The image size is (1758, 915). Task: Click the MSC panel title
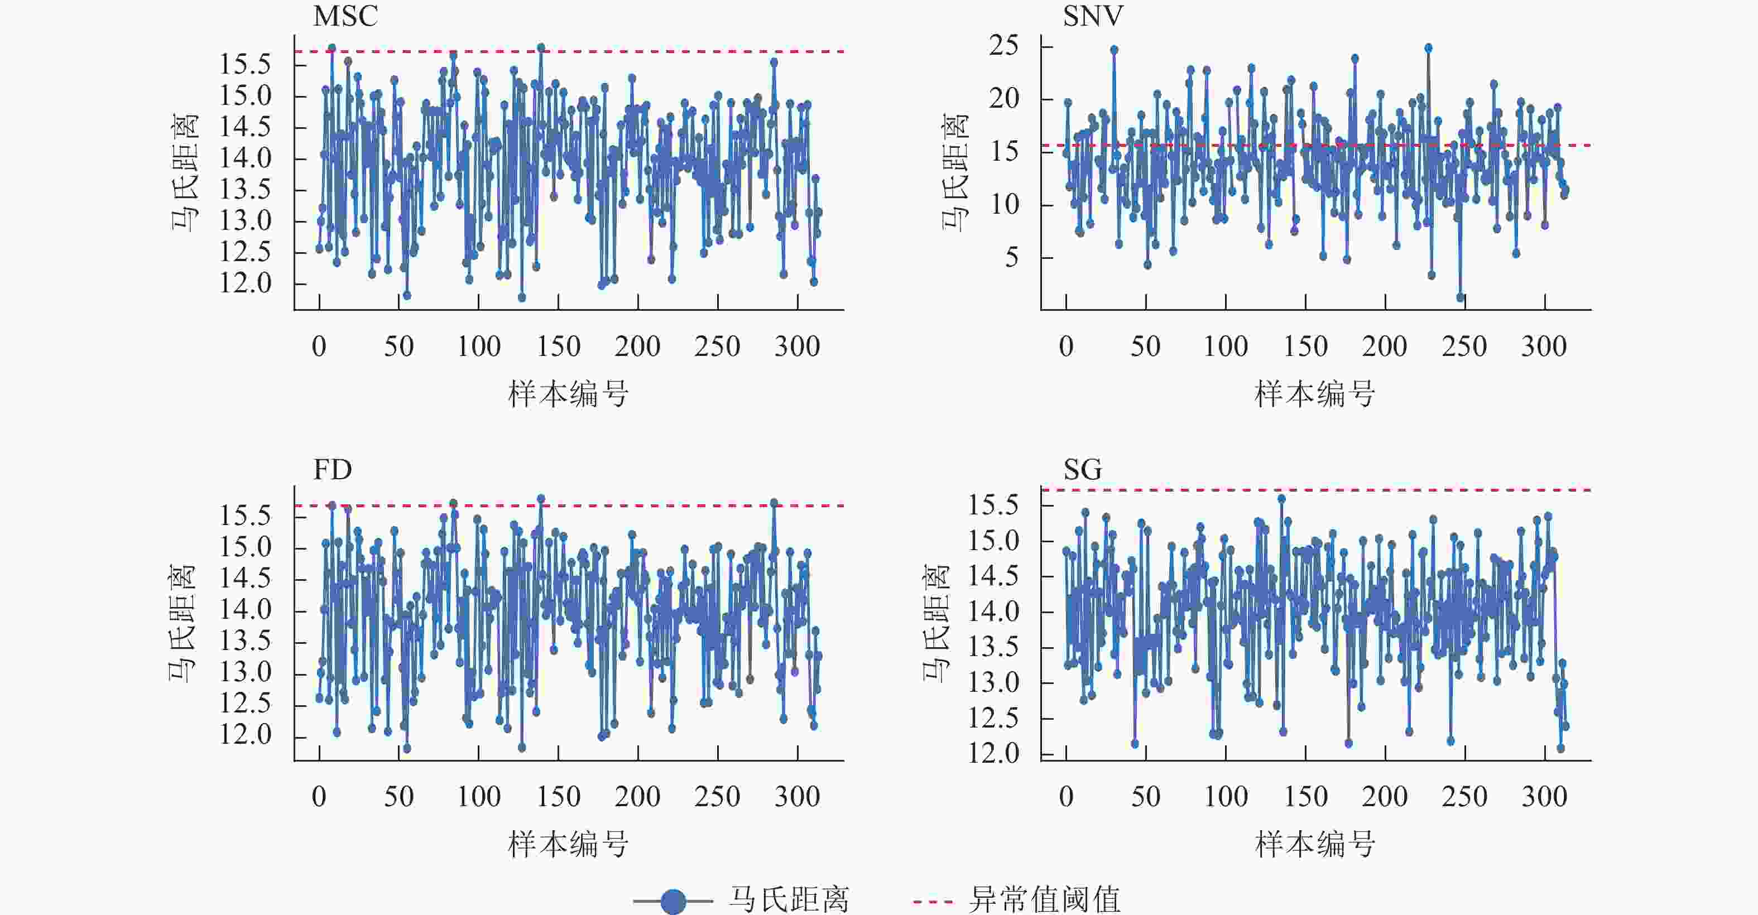click(x=345, y=16)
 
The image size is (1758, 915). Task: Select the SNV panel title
click(x=1093, y=16)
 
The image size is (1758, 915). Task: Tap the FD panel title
click(x=333, y=469)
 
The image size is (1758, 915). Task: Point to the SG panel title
click(x=1082, y=469)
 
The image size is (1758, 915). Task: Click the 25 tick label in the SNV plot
click(x=1003, y=46)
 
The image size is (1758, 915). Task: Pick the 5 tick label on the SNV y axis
click(x=1011, y=258)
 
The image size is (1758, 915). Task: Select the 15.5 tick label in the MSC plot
click(x=245, y=65)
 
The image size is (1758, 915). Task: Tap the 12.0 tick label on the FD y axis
click(x=245, y=735)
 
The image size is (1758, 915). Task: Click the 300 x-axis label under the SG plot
click(x=1544, y=797)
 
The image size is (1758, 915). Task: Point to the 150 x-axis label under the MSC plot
click(x=558, y=346)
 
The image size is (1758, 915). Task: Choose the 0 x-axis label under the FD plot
click(x=319, y=797)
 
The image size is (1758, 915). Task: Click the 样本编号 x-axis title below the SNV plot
click(x=1314, y=394)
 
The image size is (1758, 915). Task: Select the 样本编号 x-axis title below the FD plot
click(x=568, y=845)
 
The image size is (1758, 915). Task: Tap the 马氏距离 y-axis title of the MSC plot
click(x=185, y=172)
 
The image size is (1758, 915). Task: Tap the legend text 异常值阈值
click(x=1044, y=900)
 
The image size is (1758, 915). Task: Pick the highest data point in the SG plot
click(x=1281, y=499)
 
